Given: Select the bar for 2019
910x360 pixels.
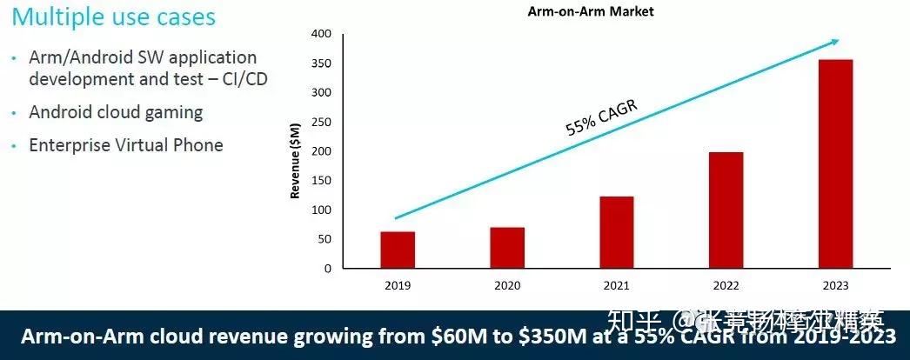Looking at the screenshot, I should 398,250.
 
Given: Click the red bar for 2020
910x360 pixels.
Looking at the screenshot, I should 507,248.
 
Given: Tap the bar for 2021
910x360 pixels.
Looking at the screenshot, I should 616,232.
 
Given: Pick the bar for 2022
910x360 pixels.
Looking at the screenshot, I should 726,210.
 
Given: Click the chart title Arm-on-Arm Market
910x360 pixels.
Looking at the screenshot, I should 590,11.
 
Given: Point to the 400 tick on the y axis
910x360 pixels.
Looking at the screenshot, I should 321,34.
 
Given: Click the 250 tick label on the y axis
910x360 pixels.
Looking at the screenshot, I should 321,122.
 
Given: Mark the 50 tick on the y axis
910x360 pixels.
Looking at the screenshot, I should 325,239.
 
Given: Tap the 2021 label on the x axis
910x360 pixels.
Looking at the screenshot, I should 616,285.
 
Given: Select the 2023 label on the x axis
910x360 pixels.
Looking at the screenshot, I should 835,285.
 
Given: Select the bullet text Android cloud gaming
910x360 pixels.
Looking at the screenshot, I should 116,112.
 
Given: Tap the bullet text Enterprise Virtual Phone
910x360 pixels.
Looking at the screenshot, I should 126,145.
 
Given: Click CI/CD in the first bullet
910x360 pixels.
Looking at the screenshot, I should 244,78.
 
